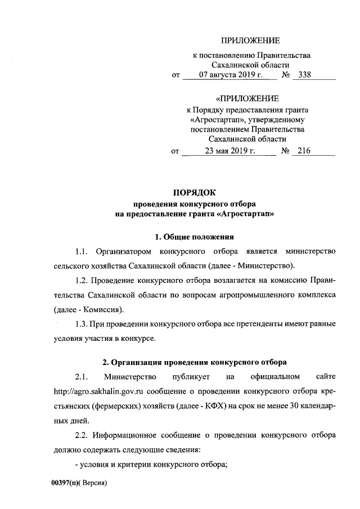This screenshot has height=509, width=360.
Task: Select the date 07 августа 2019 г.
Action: (x=226, y=75)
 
